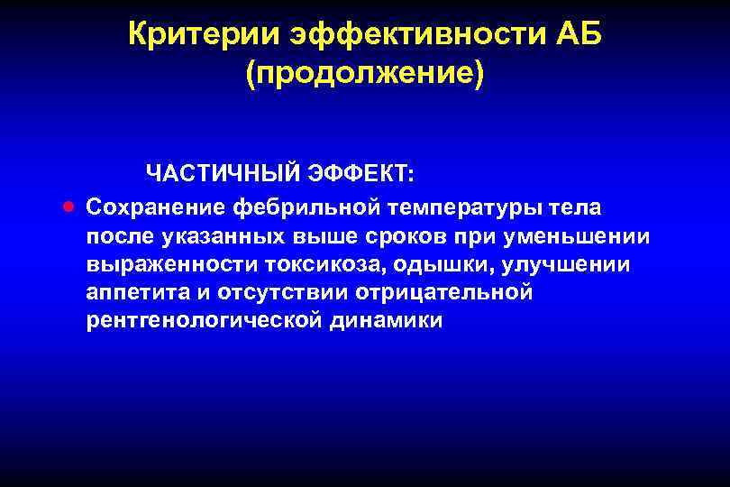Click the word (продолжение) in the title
(365, 74)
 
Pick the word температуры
(470, 208)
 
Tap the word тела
(581, 207)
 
